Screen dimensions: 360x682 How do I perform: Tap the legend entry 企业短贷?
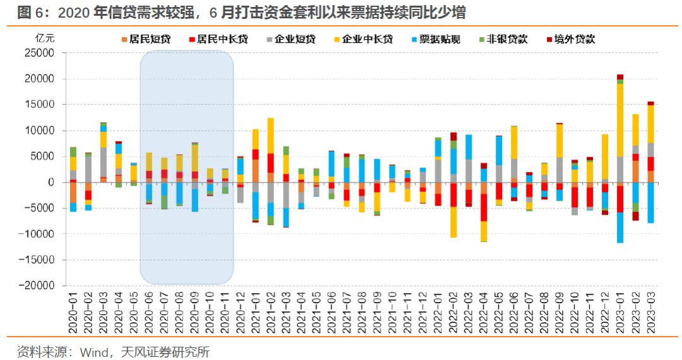click(x=296, y=39)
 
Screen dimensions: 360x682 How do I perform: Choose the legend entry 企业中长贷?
click(x=367, y=39)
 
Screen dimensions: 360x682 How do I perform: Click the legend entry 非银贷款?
click(x=508, y=39)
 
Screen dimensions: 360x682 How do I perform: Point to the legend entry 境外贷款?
click(x=574, y=39)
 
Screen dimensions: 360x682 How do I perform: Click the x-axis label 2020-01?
click(x=73, y=309)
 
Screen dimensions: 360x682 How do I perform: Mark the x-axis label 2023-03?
click(x=650, y=309)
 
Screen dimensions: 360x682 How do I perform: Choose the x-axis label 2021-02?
click(x=271, y=309)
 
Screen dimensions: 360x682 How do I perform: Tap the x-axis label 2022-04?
click(x=484, y=309)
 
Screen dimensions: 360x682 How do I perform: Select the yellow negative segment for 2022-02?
click(x=453, y=222)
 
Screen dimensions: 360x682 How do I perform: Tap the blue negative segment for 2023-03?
click(x=650, y=202)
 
